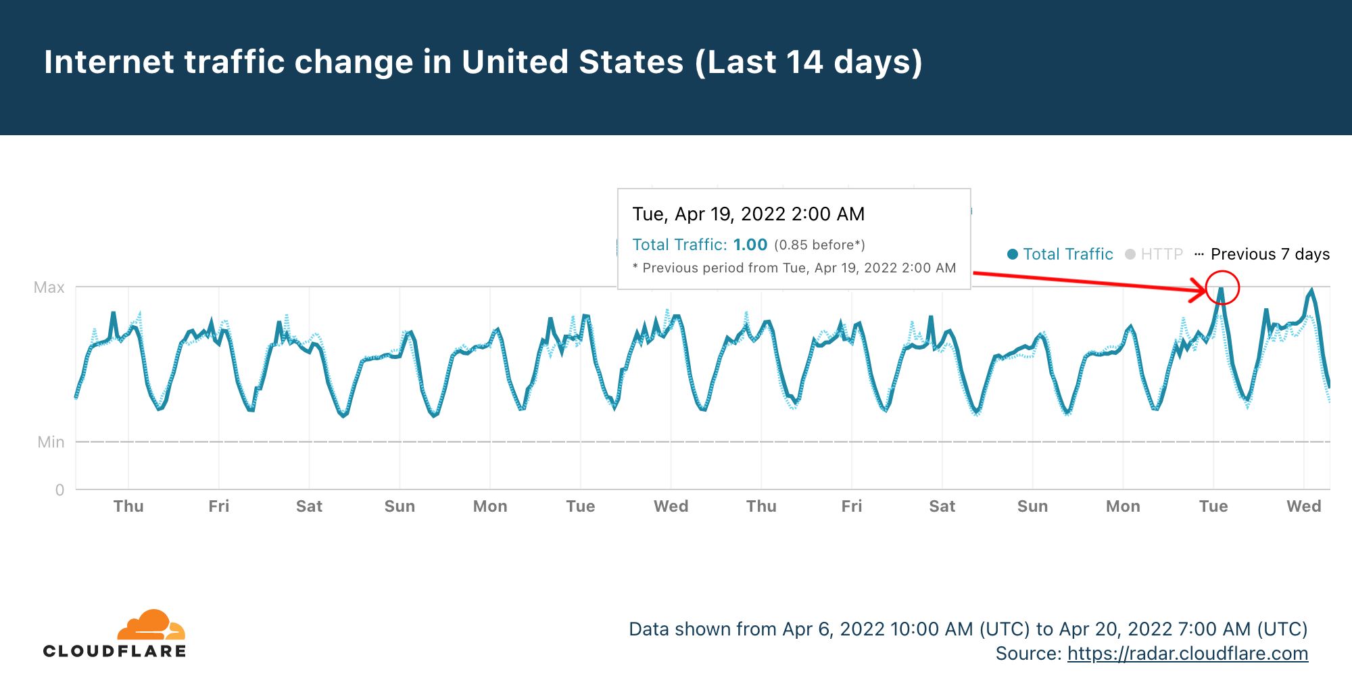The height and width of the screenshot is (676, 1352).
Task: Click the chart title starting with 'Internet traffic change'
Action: click(483, 62)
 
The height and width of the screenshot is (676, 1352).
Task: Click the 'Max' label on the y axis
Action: click(49, 287)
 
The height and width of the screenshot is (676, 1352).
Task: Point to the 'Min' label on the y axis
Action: click(51, 442)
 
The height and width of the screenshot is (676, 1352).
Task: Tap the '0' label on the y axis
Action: click(59, 490)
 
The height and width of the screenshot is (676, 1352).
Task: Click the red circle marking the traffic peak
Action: click(1222, 287)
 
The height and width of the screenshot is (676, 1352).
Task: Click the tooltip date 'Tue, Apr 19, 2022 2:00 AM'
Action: click(748, 214)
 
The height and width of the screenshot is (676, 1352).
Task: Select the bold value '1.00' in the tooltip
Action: click(750, 245)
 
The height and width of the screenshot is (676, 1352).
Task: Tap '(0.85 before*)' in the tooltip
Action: click(819, 245)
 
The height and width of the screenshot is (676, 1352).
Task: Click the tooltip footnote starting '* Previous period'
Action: click(794, 268)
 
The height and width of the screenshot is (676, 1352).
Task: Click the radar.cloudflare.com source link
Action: click(1187, 654)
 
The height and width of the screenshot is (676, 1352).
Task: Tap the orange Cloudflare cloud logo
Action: click(151, 625)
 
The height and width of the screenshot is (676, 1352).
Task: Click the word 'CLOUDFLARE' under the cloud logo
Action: click(115, 651)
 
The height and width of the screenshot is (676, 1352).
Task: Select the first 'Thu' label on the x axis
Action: click(128, 506)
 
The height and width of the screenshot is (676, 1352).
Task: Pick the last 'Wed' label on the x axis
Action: click(1303, 506)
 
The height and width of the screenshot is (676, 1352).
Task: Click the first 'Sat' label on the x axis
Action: click(309, 506)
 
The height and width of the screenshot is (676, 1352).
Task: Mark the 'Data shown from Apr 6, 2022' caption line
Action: click(968, 629)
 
